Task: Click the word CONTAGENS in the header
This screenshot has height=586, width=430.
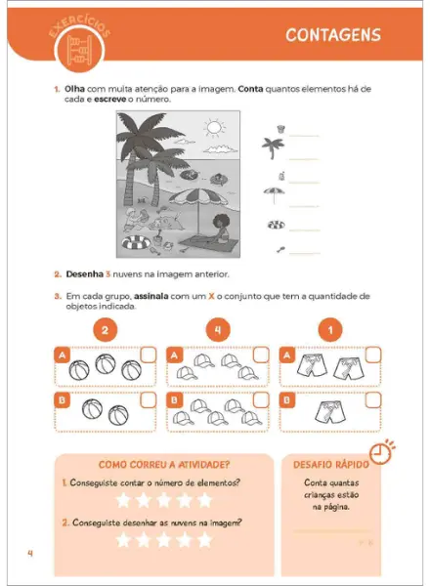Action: tap(333, 36)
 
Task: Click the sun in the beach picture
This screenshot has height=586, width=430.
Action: tap(213, 127)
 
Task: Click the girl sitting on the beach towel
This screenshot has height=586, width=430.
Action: tap(218, 232)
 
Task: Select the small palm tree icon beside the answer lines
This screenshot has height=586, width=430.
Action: tap(273, 147)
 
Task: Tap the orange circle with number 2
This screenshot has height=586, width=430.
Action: tap(104, 330)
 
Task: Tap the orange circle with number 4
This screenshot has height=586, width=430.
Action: tap(218, 330)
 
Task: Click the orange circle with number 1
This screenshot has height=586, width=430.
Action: tap(332, 330)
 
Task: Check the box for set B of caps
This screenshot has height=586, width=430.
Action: tap(261, 399)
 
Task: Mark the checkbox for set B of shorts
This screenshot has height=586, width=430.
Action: tap(373, 399)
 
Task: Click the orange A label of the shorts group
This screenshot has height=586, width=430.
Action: tap(286, 356)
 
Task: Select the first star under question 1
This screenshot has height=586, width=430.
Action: tap(123, 500)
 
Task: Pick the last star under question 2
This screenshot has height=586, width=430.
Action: tap(205, 540)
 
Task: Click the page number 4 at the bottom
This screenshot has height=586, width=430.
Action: tap(30, 556)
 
